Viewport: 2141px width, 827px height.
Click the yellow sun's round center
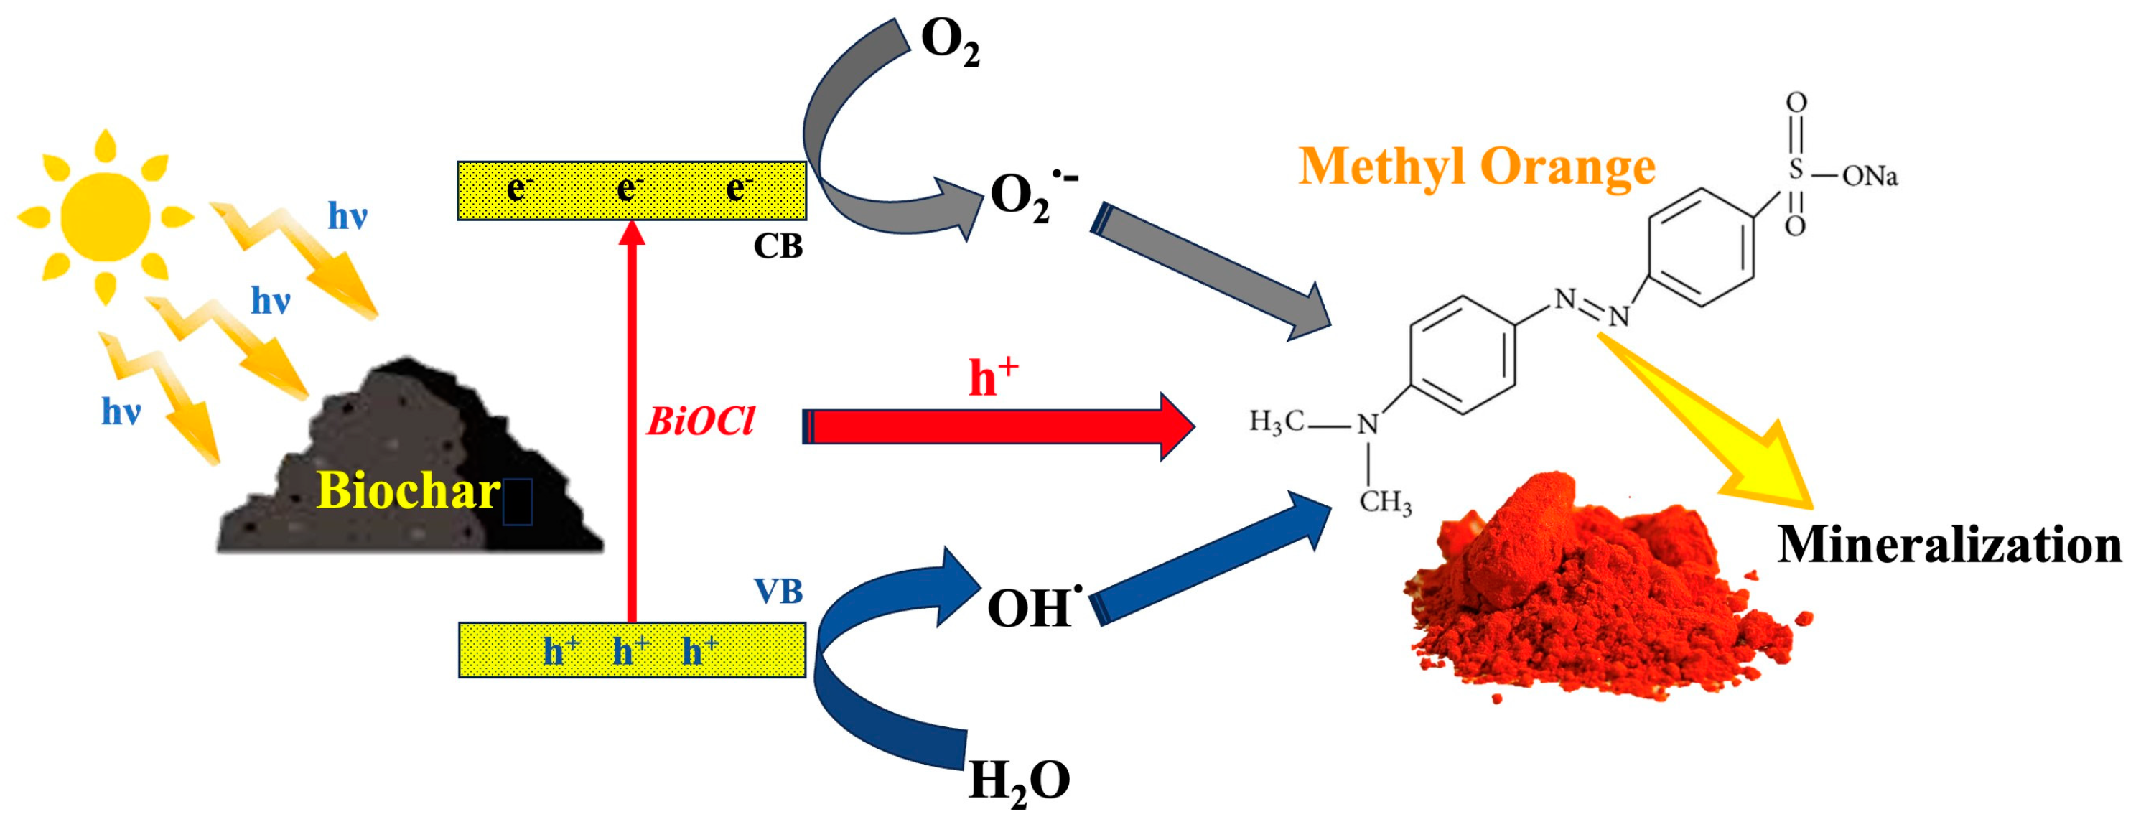[x=105, y=216]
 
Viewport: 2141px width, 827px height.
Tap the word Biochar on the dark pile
[x=408, y=490]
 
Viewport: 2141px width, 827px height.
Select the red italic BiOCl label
[x=700, y=422]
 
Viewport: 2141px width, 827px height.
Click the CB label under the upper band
[x=778, y=247]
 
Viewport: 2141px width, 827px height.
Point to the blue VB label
[x=778, y=592]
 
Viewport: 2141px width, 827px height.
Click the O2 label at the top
[x=950, y=42]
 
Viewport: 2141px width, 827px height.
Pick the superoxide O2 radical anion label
[x=1030, y=196]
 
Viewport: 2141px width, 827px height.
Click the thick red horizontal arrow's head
[x=1176, y=427]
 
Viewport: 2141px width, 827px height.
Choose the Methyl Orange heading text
[x=1476, y=167]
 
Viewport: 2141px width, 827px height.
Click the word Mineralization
[x=1949, y=546]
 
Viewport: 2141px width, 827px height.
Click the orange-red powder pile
[x=1596, y=599]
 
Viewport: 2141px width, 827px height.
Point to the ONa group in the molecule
[x=1870, y=176]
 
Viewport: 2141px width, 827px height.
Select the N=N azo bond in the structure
[x=1592, y=307]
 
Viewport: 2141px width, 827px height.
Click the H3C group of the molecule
[x=1277, y=422]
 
